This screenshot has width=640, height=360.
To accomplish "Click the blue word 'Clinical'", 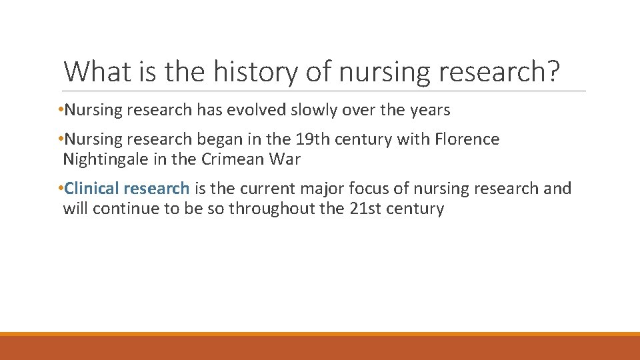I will [92, 189].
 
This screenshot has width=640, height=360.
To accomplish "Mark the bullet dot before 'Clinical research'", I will [61, 189].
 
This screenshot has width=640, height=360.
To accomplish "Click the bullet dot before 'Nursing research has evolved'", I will [61, 111].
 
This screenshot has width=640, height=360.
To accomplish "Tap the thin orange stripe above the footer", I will [320, 334].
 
